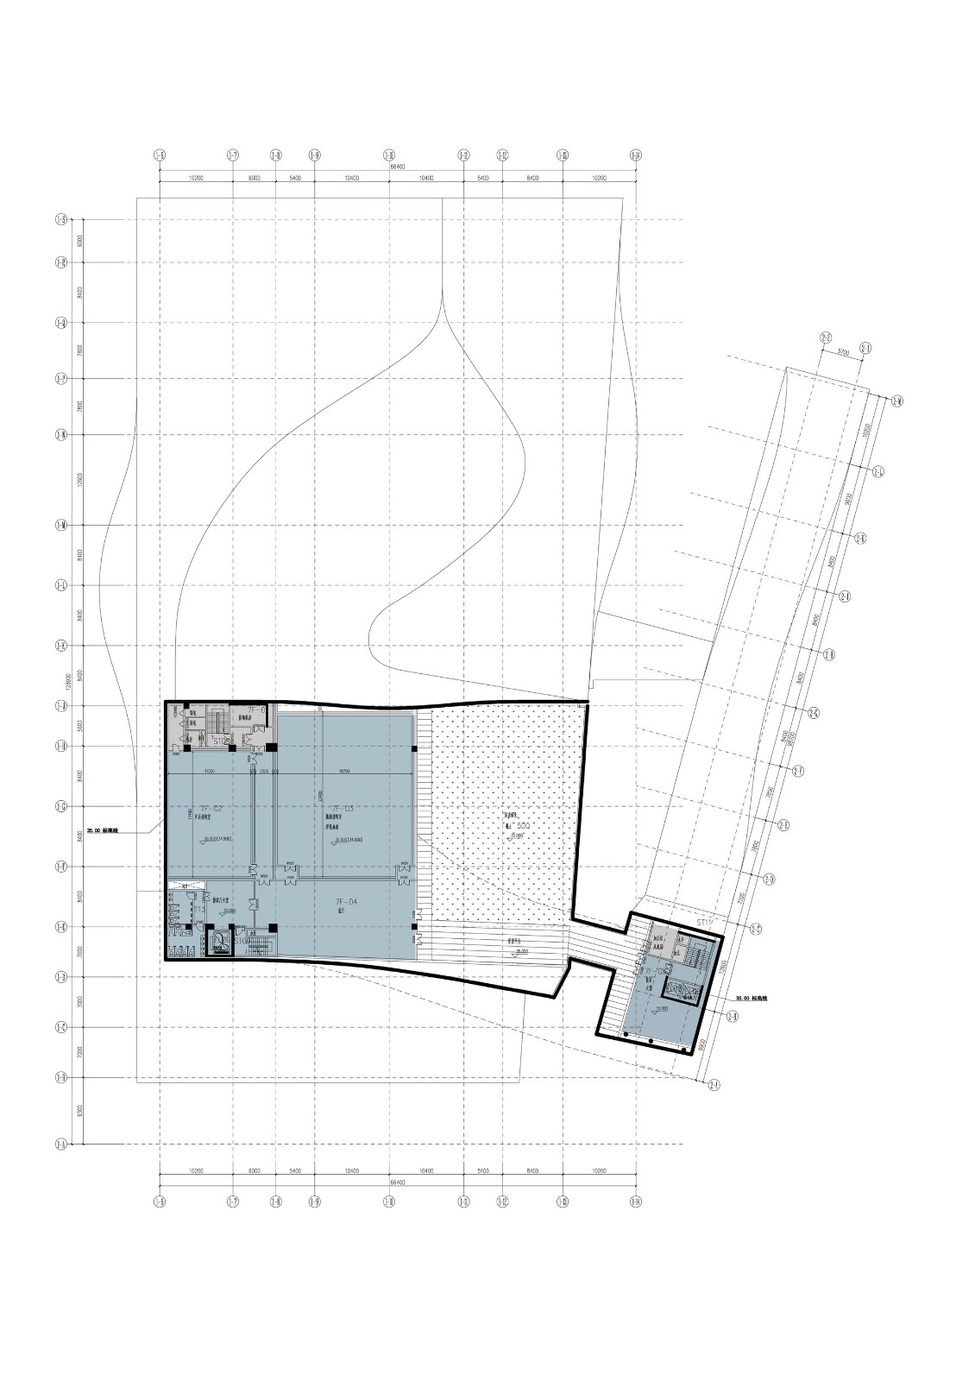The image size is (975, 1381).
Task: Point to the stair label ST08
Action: click(x=223, y=741)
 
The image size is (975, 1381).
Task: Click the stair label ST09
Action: click(x=242, y=942)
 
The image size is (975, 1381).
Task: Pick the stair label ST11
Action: click(x=708, y=923)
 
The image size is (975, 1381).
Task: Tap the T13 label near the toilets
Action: click(x=198, y=910)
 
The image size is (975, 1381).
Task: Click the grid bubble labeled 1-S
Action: click(x=61, y=220)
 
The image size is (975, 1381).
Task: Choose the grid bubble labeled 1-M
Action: click(x=61, y=525)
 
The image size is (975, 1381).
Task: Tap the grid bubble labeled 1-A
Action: click(x=61, y=1145)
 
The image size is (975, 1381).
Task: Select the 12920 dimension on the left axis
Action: click(x=79, y=479)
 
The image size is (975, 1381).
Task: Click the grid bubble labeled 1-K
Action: click(x=61, y=646)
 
